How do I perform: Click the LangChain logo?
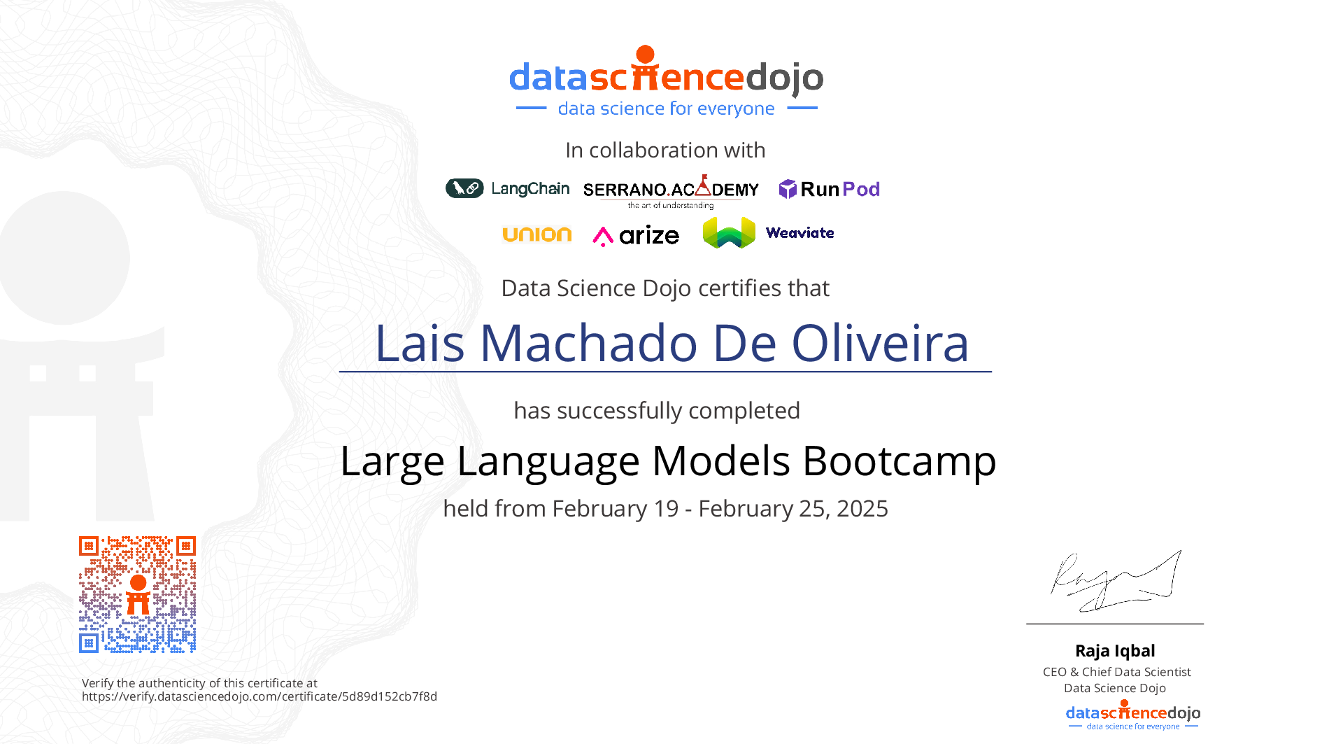click(x=507, y=188)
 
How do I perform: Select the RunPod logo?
click(x=829, y=189)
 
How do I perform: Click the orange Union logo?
click(x=537, y=234)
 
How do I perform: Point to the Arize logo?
click(x=636, y=236)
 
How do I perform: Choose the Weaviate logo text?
click(x=799, y=233)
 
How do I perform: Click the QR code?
click(x=137, y=594)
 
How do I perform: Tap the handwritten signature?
click(x=1116, y=581)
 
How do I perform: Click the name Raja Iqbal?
click(x=1115, y=651)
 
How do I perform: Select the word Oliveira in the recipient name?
click(x=880, y=343)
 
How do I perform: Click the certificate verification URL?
click(x=260, y=696)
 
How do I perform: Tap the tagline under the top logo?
click(x=666, y=108)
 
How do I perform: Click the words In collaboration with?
click(x=665, y=150)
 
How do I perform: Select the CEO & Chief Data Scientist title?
click(x=1116, y=672)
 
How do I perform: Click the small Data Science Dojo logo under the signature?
click(x=1133, y=715)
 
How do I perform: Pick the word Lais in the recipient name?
click(x=420, y=343)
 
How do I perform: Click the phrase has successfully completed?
click(x=657, y=411)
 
